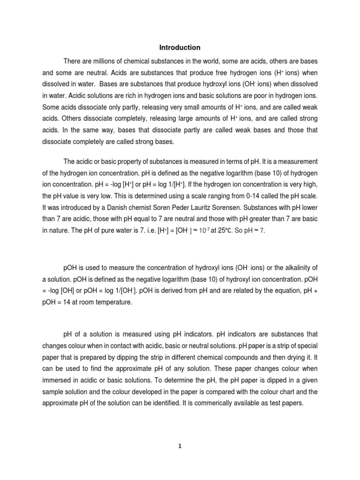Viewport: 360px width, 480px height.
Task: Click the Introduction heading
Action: pos(180,47)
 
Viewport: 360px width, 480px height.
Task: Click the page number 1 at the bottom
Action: pos(180,446)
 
